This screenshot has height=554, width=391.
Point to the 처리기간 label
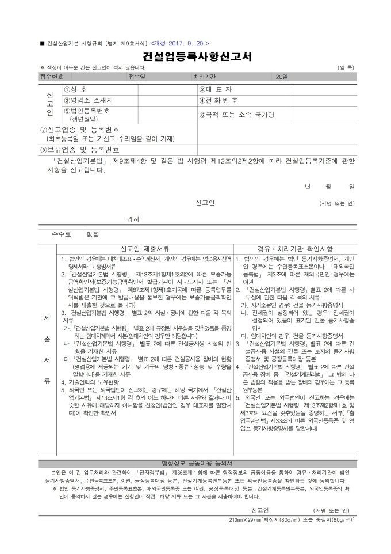coord(205,77)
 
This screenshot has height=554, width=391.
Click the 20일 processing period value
coord(281,77)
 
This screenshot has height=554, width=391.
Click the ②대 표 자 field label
coord(216,90)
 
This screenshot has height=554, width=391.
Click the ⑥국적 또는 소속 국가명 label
coord(236,115)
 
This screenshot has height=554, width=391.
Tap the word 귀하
coord(133,219)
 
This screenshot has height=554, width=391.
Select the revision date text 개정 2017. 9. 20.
coord(180,43)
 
